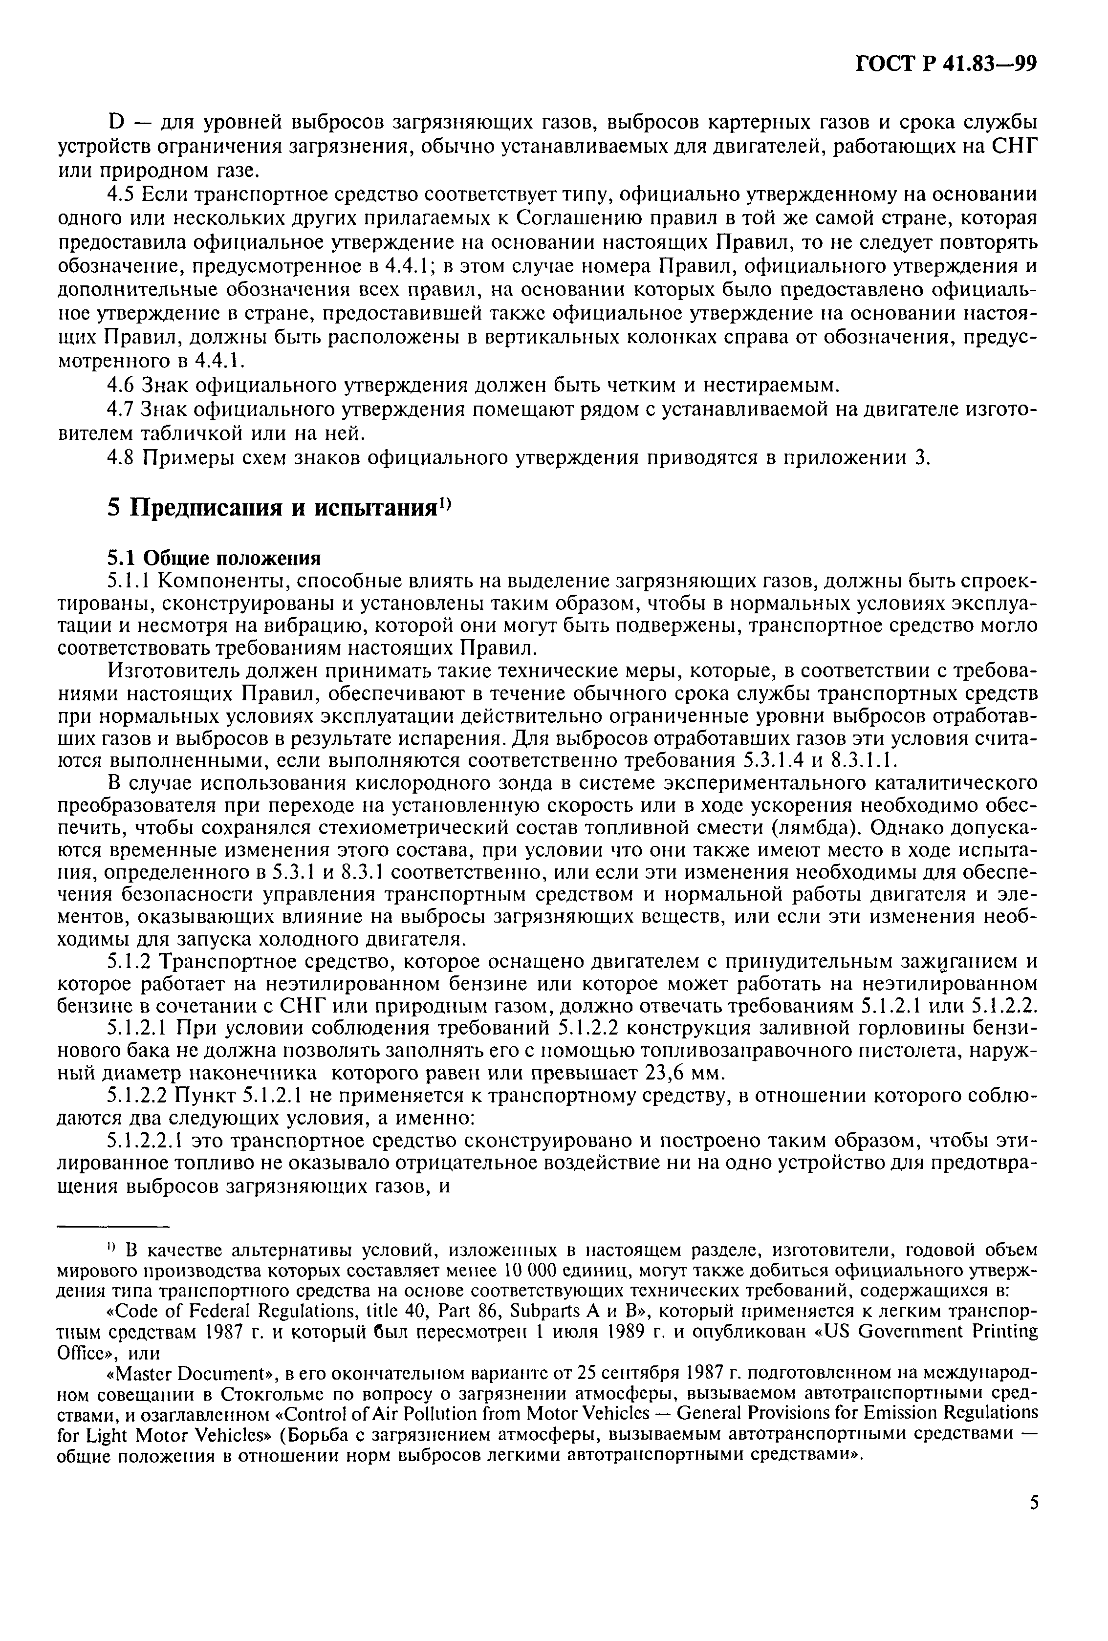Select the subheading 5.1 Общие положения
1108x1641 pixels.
(x=213, y=558)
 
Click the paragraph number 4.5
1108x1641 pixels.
(x=121, y=194)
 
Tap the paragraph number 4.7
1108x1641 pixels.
(x=121, y=409)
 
